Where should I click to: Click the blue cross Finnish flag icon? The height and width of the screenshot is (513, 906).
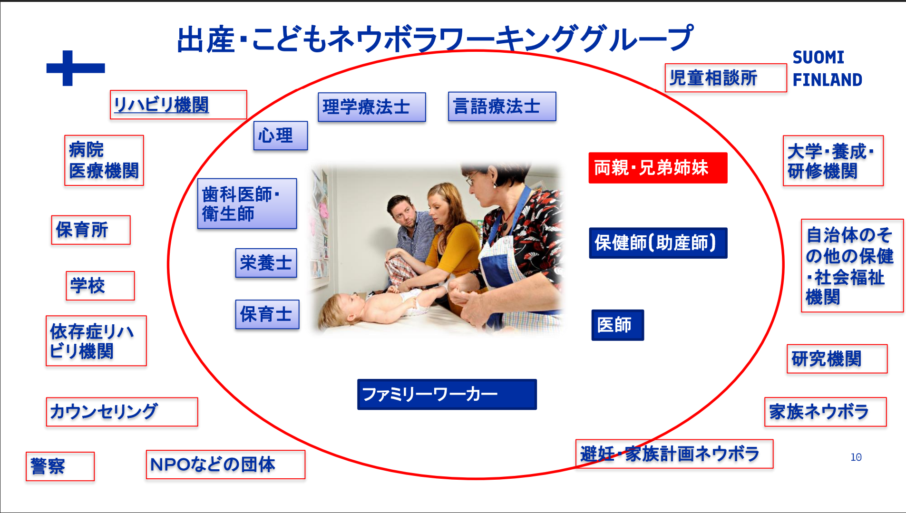[x=75, y=68]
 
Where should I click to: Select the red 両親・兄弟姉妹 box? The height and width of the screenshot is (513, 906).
[x=658, y=168]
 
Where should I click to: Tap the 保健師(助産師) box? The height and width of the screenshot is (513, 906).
[x=658, y=243]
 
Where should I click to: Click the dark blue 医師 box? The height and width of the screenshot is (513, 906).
[x=617, y=325]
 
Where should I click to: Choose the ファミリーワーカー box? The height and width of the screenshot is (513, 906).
[x=447, y=394]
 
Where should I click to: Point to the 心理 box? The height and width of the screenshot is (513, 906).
[x=281, y=136]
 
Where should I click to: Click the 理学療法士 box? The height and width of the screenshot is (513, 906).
[x=371, y=107]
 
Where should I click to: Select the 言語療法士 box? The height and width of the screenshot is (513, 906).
[x=502, y=106]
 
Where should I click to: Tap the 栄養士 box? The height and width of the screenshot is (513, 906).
[x=266, y=263]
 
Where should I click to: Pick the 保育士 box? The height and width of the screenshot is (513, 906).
[x=267, y=314]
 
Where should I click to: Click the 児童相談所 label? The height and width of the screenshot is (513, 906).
[x=725, y=78]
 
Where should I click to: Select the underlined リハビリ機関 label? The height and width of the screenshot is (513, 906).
[x=178, y=105]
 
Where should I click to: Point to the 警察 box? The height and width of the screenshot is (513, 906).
[x=60, y=466]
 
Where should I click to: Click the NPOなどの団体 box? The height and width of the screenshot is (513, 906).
[x=225, y=465]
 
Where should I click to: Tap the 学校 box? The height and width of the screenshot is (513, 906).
[x=100, y=286]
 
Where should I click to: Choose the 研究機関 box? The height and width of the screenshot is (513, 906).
[x=837, y=359]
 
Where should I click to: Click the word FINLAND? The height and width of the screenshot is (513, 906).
[x=827, y=80]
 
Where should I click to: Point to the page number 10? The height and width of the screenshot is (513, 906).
[x=856, y=457]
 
